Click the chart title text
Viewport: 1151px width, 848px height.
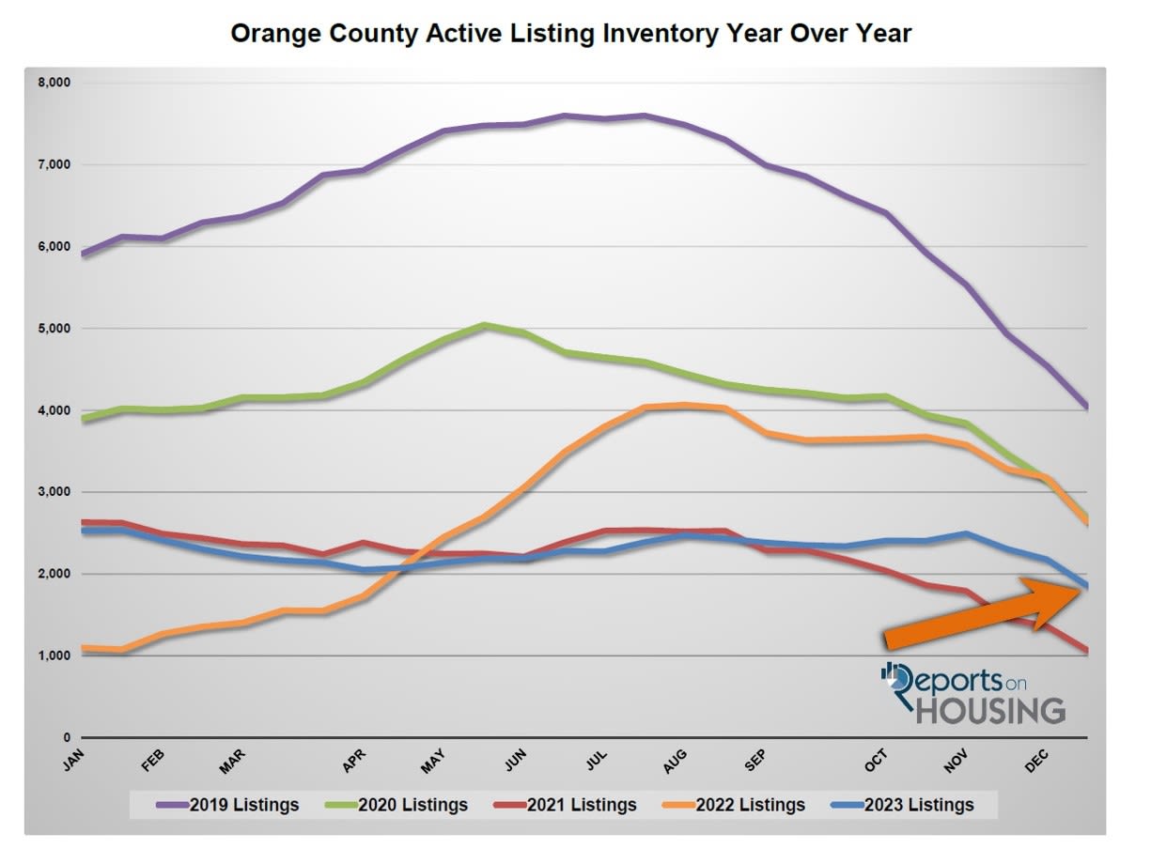pyautogui.click(x=570, y=35)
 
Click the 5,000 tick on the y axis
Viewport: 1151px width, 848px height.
pyautogui.click(x=56, y=329)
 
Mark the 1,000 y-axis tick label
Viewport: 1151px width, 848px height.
pyautogui.click(x=56, y=655)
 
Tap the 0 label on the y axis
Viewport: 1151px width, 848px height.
pyautogui.click(x=67, y=737)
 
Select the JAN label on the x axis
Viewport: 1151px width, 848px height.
pyautogui.click(x=74, y=762)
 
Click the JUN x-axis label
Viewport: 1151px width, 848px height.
pyautogui.click(x=516, y=762)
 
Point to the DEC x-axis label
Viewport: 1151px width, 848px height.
pyautogui.click(x=1036, y=762)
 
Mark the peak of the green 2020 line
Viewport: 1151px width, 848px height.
pyautogui.click(x=483, y=325)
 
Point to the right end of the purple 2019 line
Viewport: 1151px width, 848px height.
pyautogui.click(x=1086, y=406)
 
